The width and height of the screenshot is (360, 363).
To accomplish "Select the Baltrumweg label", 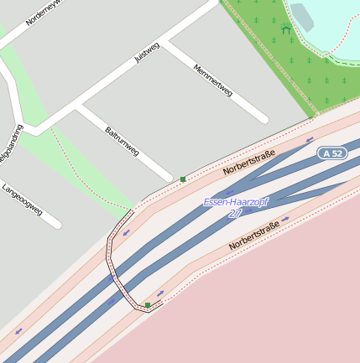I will [123, 141].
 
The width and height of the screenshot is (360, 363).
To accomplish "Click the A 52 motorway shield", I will [333, 153].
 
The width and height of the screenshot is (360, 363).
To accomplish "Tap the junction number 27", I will [235, 214].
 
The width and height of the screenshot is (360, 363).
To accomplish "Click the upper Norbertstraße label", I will [249, 160].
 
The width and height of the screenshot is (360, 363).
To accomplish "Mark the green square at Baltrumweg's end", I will [183, 179].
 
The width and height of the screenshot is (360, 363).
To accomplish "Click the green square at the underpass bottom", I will [148, 305].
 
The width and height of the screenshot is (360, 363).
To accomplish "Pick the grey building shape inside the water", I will [300, 17].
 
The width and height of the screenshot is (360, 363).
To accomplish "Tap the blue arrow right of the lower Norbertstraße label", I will [286, 220].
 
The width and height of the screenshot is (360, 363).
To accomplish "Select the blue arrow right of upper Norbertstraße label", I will [310, 140].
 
